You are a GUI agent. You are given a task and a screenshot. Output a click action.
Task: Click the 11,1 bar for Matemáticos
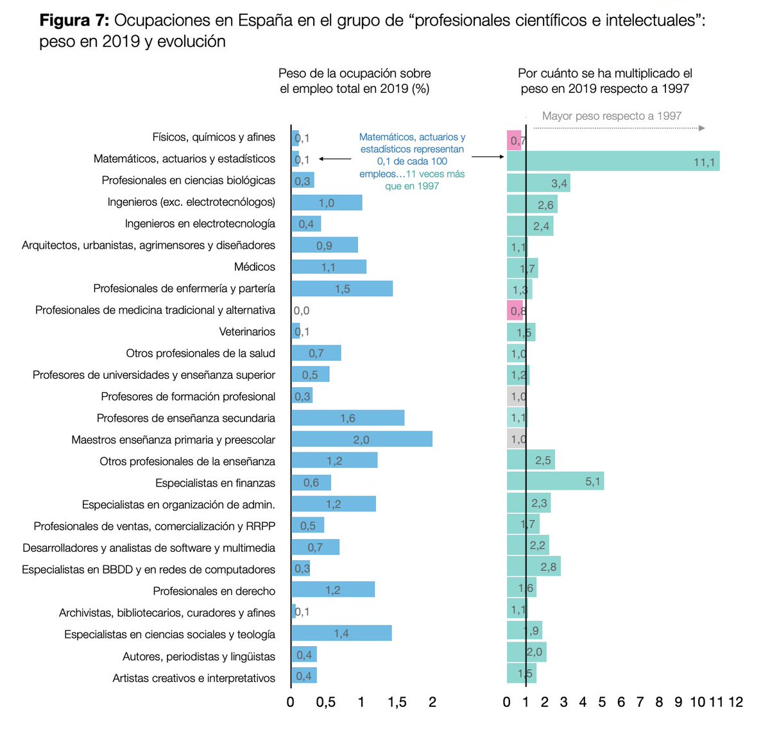[x=613, y=161]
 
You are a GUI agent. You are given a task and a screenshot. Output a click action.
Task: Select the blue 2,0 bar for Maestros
[x=361, y=439]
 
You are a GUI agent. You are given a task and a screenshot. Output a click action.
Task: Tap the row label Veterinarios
[x=247, y=331]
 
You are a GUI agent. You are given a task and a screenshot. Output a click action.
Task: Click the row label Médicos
[x=254, y=267]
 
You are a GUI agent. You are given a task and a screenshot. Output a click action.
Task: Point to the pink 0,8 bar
[x=515, y=311]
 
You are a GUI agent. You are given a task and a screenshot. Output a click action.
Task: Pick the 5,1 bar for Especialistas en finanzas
[x=555, y=481]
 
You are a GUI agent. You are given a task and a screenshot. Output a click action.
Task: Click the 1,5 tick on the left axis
[x=397, y=702]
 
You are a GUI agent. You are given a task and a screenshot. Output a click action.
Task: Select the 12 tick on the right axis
[x=735, y=702]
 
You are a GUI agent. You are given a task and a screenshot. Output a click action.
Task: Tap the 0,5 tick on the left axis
[x=325, y=702]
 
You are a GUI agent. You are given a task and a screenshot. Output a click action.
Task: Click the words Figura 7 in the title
[x=74, y=21]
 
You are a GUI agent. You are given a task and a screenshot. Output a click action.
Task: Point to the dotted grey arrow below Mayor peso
[x=619, y=128]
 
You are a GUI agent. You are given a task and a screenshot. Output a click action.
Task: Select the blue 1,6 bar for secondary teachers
[x=347, y=418]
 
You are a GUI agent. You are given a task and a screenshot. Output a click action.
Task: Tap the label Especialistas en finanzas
[x=215, y=483]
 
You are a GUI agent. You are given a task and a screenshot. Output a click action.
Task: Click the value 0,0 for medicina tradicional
[x=302, y=310]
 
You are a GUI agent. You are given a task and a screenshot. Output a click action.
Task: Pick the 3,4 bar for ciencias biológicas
[x=538, y=183]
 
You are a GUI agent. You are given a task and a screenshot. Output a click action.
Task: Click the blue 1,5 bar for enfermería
[x=342, y=288]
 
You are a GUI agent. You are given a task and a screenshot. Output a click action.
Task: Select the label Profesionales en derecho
[x=214, y=591]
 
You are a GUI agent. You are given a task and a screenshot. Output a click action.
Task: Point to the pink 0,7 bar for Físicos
[x=515, y=140]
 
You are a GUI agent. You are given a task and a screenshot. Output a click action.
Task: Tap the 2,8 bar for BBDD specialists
[x=534, y=566]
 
